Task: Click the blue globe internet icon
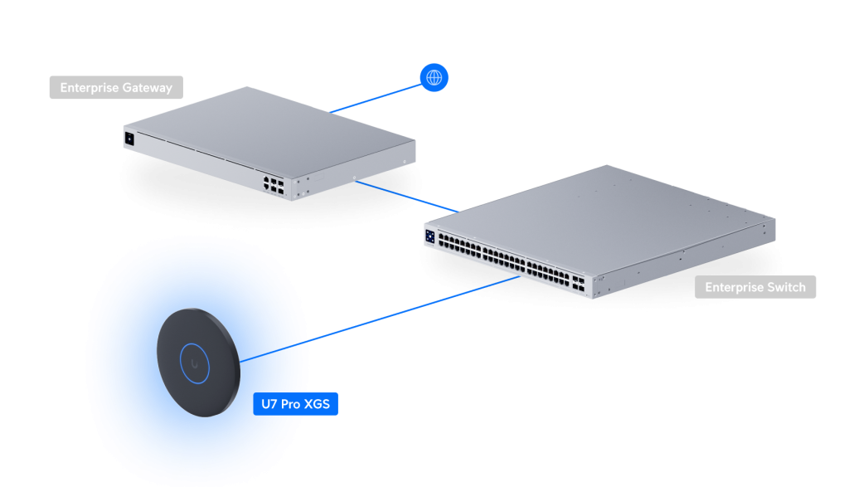(433, 78)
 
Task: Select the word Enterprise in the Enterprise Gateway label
(87, 88)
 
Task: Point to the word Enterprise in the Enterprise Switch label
(733, 287)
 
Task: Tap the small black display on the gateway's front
(129, 139)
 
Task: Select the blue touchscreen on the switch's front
(430, 236)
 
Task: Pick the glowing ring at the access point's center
(197, 363)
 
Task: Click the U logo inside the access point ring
(197, 363)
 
